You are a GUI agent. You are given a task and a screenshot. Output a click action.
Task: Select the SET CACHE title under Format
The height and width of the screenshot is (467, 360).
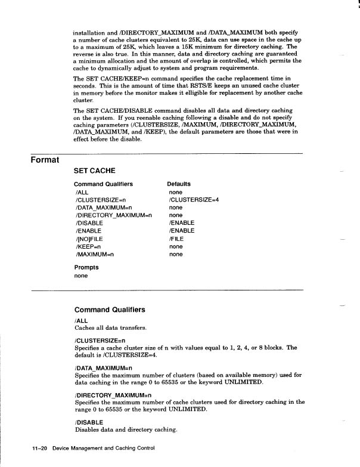pos(94,171)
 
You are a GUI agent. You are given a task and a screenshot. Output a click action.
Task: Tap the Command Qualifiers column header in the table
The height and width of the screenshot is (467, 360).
pos(103,184)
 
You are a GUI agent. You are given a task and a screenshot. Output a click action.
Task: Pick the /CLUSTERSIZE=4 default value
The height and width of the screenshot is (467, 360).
pos(194,200)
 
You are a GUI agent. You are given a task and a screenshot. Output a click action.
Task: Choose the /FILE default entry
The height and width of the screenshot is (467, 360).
pos(176,239)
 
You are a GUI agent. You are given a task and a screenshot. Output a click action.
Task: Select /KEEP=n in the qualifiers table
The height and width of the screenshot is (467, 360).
pos(88,246)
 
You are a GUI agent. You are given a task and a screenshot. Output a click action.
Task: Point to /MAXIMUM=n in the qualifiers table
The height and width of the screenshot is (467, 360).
pos(95,254)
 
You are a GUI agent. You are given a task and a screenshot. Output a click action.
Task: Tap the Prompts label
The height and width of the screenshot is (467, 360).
pos(86,267)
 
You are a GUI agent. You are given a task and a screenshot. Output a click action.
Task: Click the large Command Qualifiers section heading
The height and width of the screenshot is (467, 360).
pos(110,310)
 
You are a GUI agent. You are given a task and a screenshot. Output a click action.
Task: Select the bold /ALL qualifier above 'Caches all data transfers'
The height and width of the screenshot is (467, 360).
pos(81,321)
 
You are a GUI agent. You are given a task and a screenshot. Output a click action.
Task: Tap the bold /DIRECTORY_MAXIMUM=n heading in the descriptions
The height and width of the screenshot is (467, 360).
pos(113,395)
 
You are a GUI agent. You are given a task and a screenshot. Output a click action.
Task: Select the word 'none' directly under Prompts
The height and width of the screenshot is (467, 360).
pos(81,276)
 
